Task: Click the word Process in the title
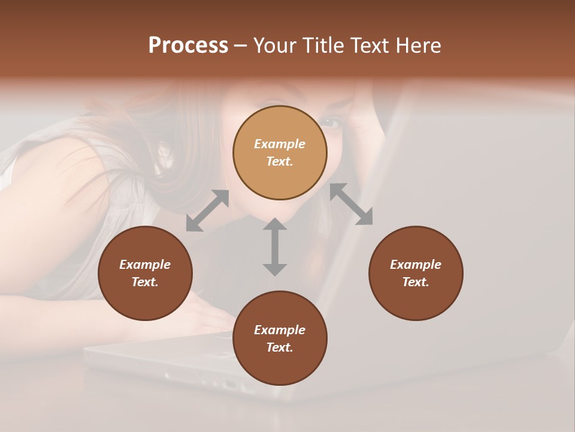188,46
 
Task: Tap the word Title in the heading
320,46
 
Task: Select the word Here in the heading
417,46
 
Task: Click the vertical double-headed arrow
275,247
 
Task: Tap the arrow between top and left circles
207,211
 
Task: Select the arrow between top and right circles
352,205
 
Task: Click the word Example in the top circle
280,144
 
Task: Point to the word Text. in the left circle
145,282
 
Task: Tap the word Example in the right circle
416,265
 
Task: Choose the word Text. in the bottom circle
280,347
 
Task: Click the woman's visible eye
331,122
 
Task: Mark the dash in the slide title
240,46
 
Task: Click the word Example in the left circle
145,265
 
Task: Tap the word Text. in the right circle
416,282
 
